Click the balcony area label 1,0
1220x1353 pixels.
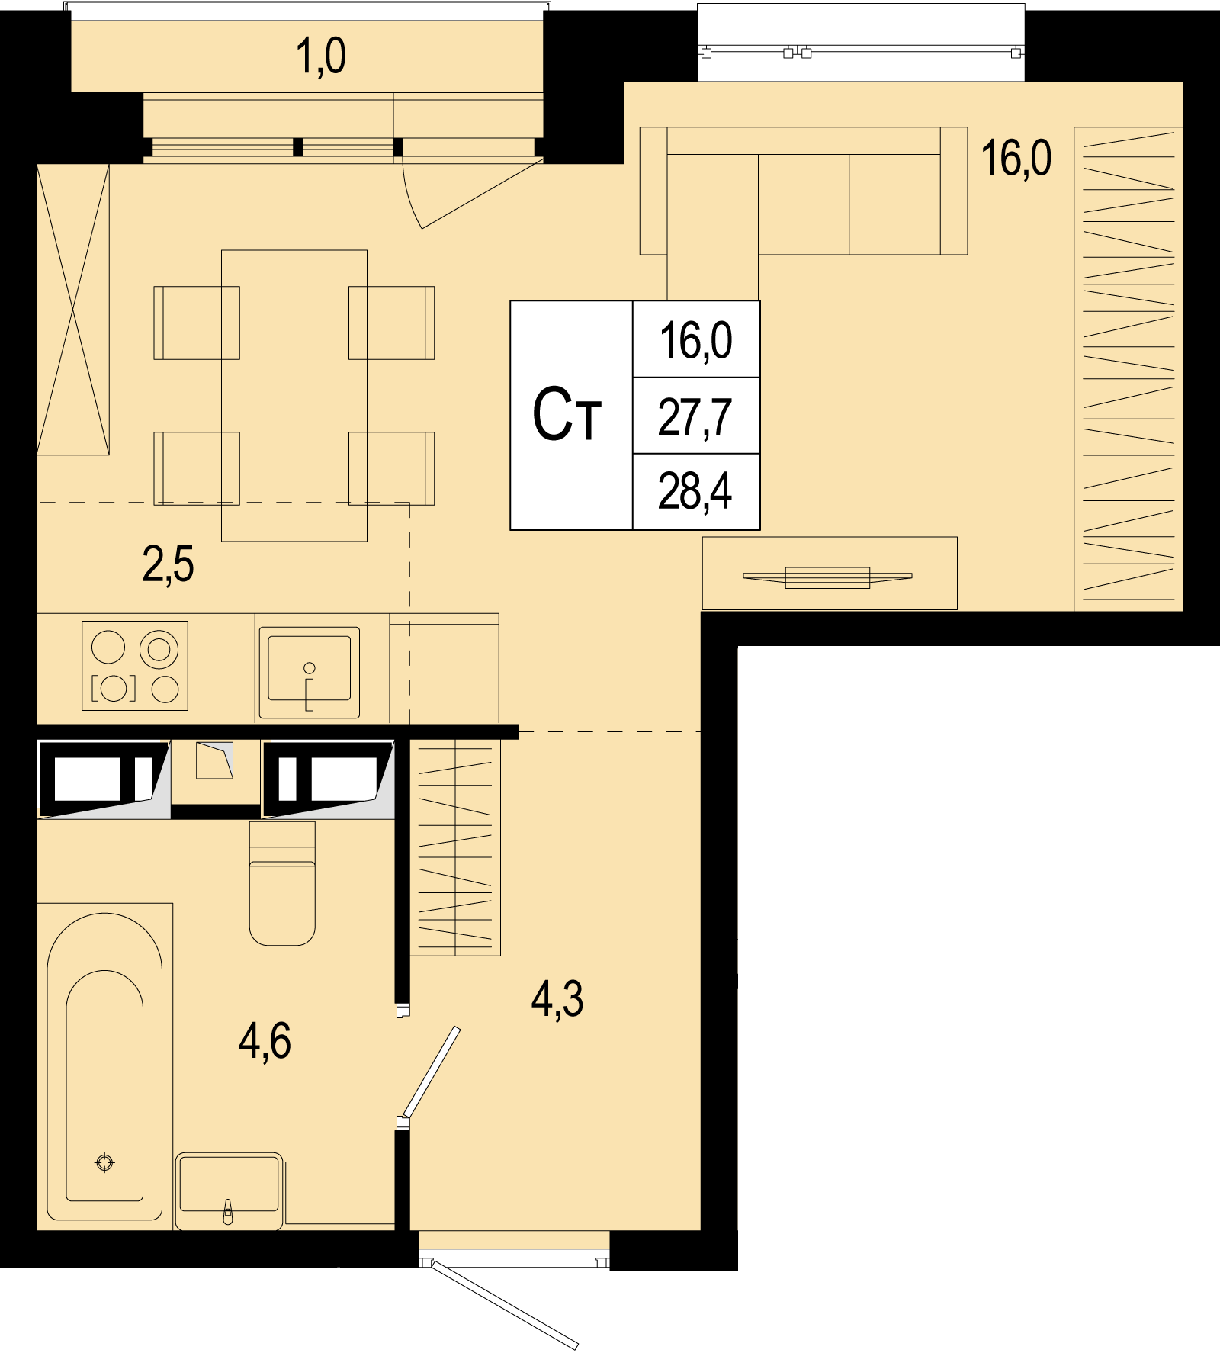tap(320, 57)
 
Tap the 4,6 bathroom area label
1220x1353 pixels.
tap(265, 1042)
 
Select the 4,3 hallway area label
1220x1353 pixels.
tap(557, 1000)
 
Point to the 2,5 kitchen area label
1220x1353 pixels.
tap(168, 565)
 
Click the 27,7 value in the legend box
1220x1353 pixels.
tap(695, 417)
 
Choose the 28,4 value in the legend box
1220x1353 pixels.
tap(695, 492)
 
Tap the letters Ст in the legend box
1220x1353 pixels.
tap(567, 416)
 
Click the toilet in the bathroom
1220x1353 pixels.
tap(282, 883)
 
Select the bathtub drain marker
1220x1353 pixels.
tap(104, 1162)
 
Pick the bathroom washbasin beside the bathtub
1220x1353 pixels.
tap(229, 1191)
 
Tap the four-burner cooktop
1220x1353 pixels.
tap(135, 666)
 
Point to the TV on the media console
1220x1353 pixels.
tap(827, 577)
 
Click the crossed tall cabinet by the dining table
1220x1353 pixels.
tap(73, 310)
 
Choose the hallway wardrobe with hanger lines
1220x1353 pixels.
tap(455, 847)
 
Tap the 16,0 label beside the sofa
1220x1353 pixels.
tap(1016, 159)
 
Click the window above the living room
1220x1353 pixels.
tap(861, 43)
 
